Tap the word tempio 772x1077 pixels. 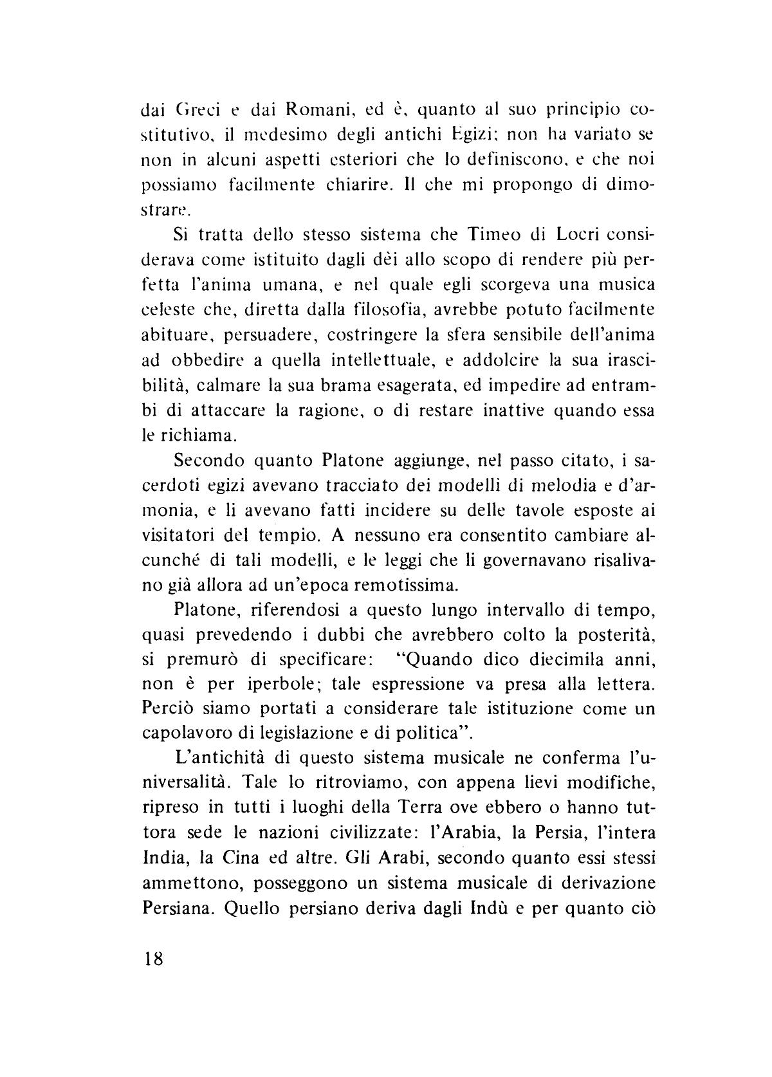(x=317, y=536)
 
